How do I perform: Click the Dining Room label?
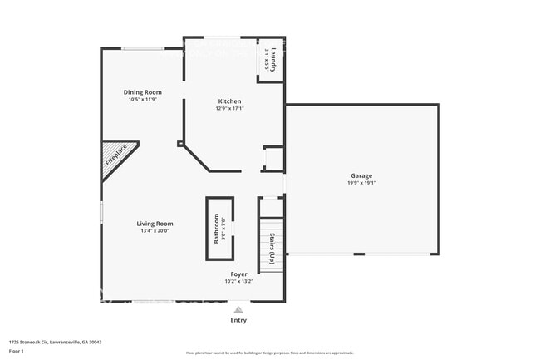click(142, 91)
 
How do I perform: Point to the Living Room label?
click(155, 224)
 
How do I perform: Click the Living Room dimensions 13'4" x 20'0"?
click(155, 231)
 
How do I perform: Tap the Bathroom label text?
click(217, 228)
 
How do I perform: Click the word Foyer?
click(238, 274)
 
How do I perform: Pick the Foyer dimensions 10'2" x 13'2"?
click(238, 281)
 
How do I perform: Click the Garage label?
click(361, 175)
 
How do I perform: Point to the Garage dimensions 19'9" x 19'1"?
click(361, 183)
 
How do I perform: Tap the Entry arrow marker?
click(238, 308)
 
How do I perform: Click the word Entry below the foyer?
click(238, 320)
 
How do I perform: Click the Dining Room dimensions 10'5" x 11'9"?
click(142, 99)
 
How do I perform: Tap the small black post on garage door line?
click(358, 254)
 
